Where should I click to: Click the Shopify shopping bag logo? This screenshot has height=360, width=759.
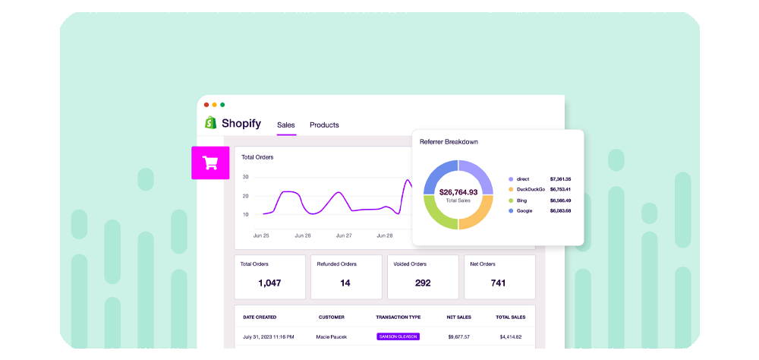[x=210, y=122]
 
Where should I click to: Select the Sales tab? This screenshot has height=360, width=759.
[x=285, y=125]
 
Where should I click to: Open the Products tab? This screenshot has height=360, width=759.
[x=324, y=125]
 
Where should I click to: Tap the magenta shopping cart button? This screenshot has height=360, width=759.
[x=210, y=163]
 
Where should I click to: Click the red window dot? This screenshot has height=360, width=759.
[x=206, y=105]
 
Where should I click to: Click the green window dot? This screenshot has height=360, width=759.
[x=222, y=105]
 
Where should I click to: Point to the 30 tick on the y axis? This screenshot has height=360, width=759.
[x=245, y=177]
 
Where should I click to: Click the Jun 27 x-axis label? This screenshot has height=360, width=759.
[x=344, y=236]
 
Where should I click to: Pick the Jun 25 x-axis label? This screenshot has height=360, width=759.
[x=261, y=236]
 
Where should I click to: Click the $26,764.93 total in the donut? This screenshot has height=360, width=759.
[x=458, y=192]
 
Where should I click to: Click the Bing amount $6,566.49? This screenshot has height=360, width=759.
[x=561, y=200]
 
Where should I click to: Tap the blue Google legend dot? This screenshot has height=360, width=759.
[x=511, y=211]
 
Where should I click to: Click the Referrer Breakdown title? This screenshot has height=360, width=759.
[x=449, y=142]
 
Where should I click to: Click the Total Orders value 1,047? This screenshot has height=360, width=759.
[x=269, y=283]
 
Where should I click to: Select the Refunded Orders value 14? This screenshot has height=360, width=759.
[x=345, y=283]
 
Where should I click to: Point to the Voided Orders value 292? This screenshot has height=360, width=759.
[x=423, y=283]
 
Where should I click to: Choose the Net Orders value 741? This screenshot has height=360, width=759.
[x=498, y=283]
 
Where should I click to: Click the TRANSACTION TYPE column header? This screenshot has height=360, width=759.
[x=398, y=317]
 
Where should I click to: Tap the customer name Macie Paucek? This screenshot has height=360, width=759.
[x=331, y=336]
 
